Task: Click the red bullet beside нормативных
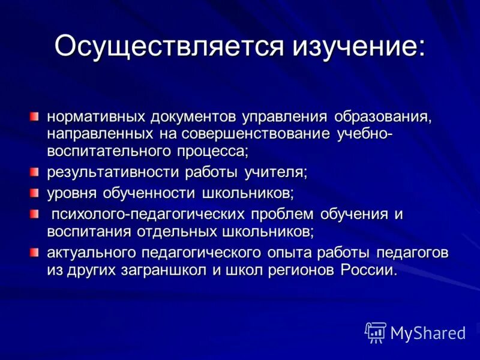(x=36, y=115)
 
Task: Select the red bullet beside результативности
(x=36, y=172)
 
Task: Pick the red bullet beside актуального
(x=36, y=250)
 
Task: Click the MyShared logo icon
(x=375, y=332)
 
